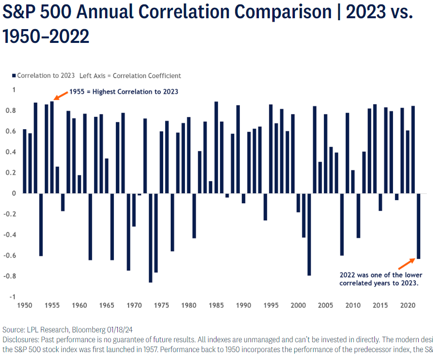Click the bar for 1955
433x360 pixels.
coord(52,147)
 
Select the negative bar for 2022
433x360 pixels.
coord(418,226)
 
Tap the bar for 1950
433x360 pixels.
coord(25,161)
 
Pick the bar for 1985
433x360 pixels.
coord(216,147)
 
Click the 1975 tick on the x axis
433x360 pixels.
coord(161,305)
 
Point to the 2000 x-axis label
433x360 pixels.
coord(298,305)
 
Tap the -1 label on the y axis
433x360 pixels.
coord(13,297)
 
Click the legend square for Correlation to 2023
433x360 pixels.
coord(13,76)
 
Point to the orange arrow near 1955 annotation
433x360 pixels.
coord(61,95)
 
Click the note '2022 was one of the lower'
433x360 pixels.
coord(381,275)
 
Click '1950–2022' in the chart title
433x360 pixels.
coord(46,36)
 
